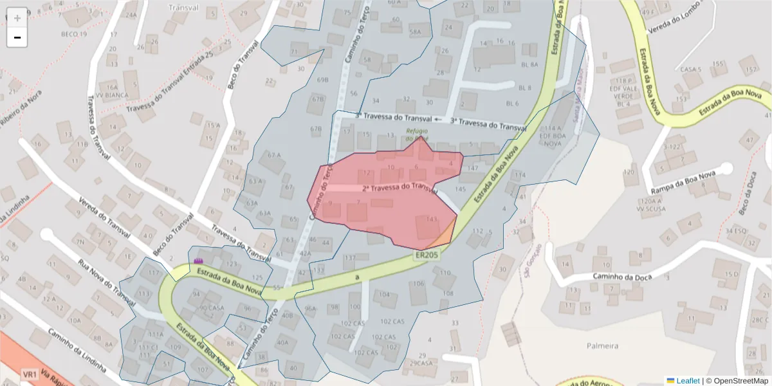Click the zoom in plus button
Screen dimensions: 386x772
[17, 17]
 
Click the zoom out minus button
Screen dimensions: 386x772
[17, 37]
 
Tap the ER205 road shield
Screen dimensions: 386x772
[425, 255]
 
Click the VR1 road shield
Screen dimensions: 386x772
[29, 374]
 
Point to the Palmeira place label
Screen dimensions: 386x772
[602, 345]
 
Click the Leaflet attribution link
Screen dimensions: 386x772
[688, 381]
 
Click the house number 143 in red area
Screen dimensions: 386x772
[431, 219]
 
